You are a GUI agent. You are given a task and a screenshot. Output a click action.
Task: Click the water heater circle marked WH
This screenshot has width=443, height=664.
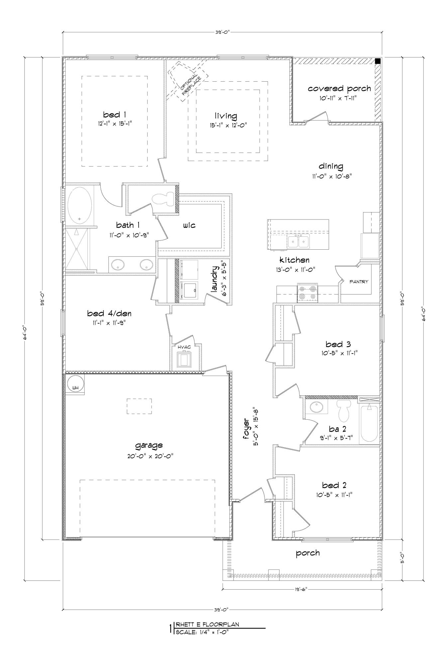pos(75,385)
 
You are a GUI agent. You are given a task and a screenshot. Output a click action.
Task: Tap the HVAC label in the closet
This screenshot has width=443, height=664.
pos(184,347)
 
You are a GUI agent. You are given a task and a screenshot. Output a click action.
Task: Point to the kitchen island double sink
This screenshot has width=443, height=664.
pos(298,241)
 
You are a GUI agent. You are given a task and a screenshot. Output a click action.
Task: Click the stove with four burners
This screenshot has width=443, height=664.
pos(307,293)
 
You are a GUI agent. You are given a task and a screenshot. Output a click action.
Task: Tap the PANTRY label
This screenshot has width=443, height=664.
pos(359,282)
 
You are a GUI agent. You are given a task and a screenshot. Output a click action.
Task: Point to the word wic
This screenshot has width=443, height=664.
pos(189,225)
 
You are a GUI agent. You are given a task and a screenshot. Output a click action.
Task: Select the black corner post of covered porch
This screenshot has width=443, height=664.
pos(378,61)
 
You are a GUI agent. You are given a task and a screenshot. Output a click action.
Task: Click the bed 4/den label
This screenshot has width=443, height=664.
pos(107,313)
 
